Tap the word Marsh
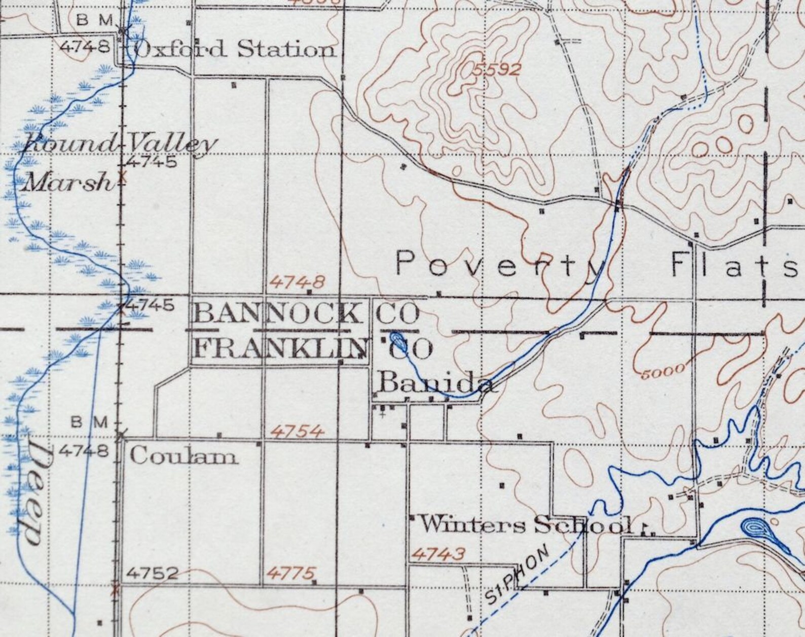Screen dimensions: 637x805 pos(67,182)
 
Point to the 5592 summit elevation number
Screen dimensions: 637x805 pos(497,69)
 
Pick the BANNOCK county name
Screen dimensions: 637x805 pos(278,314)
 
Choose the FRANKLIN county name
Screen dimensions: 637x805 pos(281,348)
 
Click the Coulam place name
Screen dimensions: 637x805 pos(184,457)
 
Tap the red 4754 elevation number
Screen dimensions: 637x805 pos(298,432)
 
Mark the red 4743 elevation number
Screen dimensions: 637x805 pos(437,554)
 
